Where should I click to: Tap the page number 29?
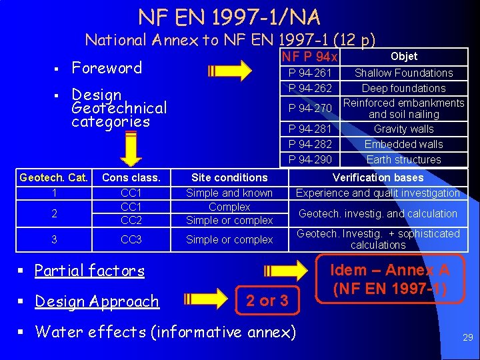tap(467, 338)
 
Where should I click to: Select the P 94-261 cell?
tap(310, 73)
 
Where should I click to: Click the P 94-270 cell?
tap(310, 108)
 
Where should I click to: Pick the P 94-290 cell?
tap(310, 159)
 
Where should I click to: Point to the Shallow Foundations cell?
tap(403, 73)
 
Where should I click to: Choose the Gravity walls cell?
tap(403, 129)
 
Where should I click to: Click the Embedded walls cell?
tap(403, 144)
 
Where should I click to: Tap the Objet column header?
tap(403, 57)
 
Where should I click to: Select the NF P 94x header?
tap(310, 58)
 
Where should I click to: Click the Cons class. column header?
tap(131, 177)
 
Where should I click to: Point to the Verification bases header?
tap(378, 177)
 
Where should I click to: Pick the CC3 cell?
tap(131, 239)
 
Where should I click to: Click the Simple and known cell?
tap(229, 193)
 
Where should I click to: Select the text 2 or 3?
tap(267, 301)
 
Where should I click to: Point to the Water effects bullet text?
tap(165, 331)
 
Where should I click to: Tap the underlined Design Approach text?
tap(97, 301)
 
